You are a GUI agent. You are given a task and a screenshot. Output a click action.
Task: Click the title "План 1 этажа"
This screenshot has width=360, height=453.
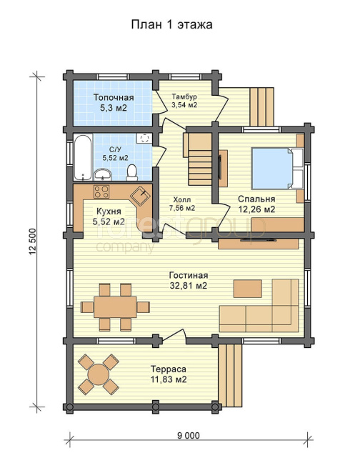pyautogui.click(x=172, y=24)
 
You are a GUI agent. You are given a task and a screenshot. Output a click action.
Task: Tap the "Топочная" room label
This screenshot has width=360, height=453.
pyautogui.click(x=114, y=97)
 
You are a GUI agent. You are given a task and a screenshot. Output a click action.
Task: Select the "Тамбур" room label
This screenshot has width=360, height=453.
pyautogui.click(x=184, y=96)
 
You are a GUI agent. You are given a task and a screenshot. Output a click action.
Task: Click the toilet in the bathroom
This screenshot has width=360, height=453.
pyautogui.click(x=132, y=173)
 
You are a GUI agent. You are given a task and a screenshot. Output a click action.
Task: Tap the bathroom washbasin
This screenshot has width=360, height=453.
pyautogui.click(x=103, y=174)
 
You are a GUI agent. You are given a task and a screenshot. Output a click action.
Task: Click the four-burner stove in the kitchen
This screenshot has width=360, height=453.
pyautogui.click(x=101, y=191)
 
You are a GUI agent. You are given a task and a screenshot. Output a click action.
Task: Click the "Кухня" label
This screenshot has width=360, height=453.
pyautogui.click(x=109, y=211)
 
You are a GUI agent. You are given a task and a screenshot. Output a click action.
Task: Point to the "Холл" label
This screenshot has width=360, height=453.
pyautogui.click(x=181, y=199)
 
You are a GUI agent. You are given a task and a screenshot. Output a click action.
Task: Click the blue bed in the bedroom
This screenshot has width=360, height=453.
pyautogui.click(x=273, y=169)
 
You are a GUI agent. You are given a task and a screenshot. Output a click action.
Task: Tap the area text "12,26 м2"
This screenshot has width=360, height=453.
pyautogui.click(x=256, y=209)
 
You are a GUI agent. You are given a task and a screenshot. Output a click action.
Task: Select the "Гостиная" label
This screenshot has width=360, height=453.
pyautogui.click(x=189, y=275)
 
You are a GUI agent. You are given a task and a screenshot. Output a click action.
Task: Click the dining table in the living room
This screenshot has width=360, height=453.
pyautogui.click(x=115, y=307)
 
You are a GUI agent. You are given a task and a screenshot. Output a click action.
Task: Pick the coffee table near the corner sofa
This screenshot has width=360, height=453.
pyautogui.click(x=248, y=289)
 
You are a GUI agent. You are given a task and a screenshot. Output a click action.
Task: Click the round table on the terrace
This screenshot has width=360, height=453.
pyautogui.click(x=99, y=374)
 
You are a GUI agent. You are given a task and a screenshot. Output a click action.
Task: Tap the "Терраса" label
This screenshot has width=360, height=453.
pyautogui.click(x=169, y=369)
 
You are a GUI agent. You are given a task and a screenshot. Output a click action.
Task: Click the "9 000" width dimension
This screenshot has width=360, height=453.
pyautogui.click(x=189, y=435)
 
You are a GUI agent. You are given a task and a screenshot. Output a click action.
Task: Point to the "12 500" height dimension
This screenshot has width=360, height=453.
pyautogui.click(x=33, y=242)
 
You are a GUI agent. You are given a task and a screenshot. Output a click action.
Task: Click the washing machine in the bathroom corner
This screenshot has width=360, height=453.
pyautogui.click(x=144, y=139)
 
